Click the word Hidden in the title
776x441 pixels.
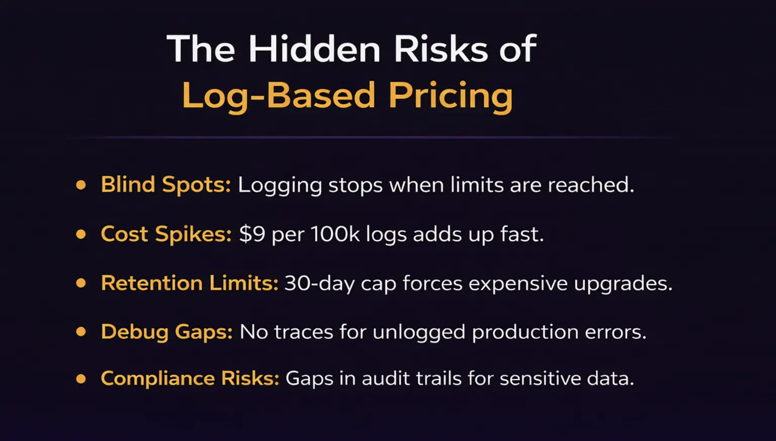click(314, 50)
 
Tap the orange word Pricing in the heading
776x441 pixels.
click(450, 96)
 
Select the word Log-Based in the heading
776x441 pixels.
click(278, 96)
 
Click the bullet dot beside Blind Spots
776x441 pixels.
click(81, 185)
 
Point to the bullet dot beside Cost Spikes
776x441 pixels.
click(81, 234)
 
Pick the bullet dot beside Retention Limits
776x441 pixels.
click(81, 283)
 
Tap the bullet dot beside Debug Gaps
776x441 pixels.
click(81, 332)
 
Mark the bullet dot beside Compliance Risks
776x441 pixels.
click(81, 379)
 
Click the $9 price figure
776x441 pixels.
click(252, 235)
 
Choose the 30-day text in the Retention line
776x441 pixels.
click(319, 284)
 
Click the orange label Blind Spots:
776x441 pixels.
click(166, 185)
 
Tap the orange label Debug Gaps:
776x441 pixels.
click(167, 332)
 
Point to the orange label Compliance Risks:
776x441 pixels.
click(190, 379)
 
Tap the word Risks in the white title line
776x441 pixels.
click(441, 50)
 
